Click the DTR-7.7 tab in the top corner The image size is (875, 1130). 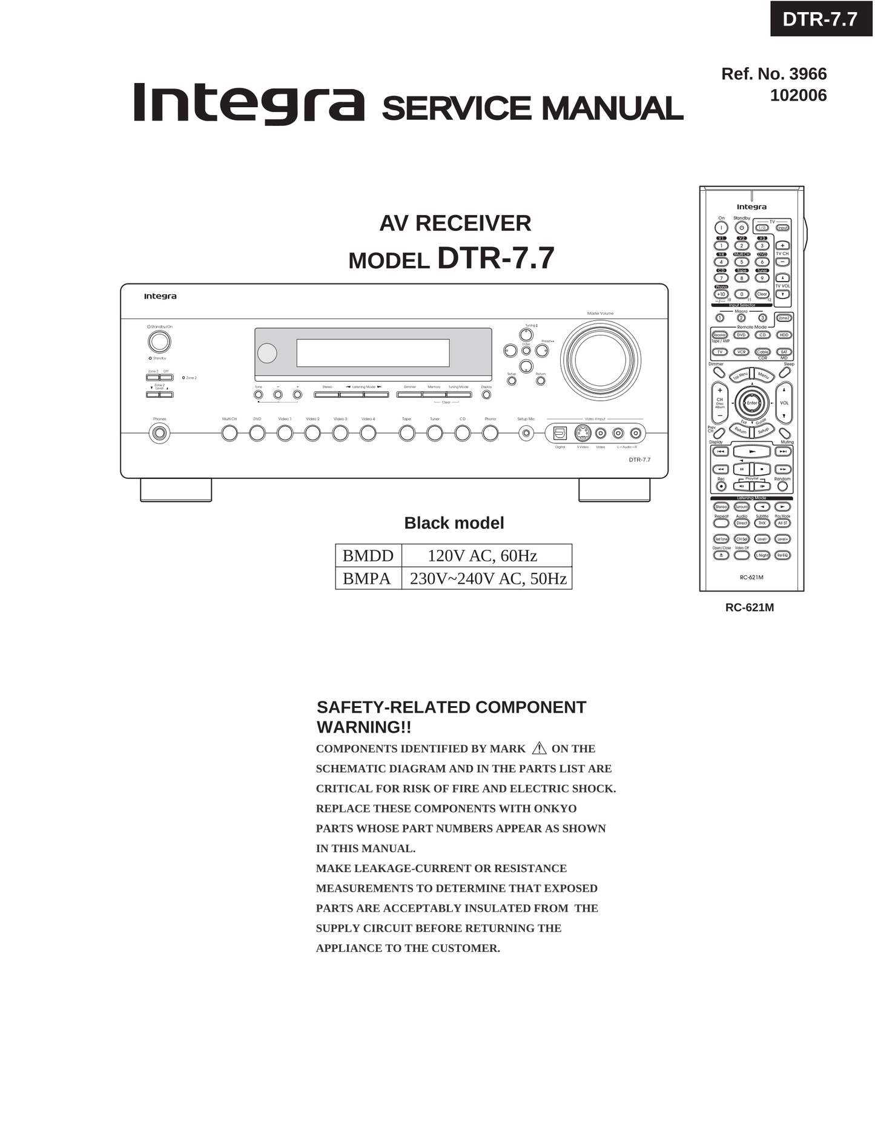820,19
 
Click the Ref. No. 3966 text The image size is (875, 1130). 773,74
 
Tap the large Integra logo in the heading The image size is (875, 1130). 248,104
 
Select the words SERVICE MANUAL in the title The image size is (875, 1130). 532,109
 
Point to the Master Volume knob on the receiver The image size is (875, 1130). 600,360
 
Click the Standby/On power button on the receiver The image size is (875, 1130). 159,342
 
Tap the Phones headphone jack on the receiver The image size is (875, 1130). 159,434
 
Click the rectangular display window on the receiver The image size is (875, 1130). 372,353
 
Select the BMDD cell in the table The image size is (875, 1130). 368,555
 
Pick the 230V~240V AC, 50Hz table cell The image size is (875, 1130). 487,578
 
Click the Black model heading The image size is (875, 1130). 454,523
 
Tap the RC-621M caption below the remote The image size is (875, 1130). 749,607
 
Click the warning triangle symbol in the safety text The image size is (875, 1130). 539,748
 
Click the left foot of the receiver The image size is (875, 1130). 176,490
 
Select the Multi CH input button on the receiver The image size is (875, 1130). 229,434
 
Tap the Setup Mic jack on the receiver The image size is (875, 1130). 526,434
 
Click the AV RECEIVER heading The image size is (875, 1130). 455,223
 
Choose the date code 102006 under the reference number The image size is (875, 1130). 798,96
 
